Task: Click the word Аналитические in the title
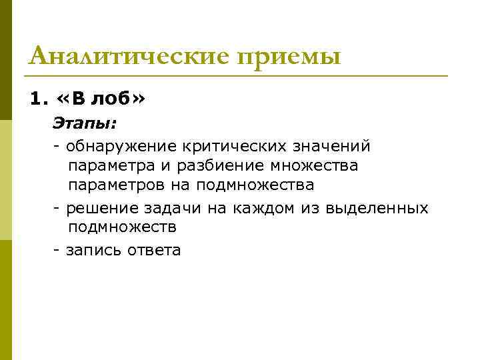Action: coord(130,56)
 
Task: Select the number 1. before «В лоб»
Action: coord(39,100)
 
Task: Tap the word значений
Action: coord(333,145)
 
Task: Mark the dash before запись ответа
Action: coord(57,251)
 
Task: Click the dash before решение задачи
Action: coord(57,208)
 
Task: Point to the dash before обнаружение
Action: coord(57,145)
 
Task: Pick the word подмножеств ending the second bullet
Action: coord(122,227)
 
